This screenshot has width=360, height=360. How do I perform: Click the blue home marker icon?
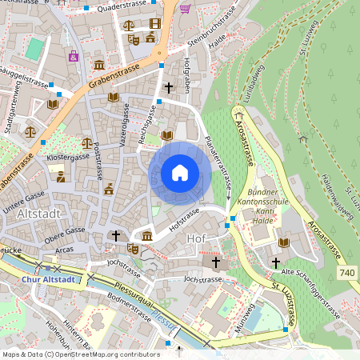point(180,173)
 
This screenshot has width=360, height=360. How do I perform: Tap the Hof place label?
point(197,238)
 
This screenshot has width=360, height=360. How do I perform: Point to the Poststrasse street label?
point(97,160)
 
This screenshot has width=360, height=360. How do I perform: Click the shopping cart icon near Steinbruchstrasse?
point(185,9)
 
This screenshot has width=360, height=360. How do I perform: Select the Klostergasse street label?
point(68,158)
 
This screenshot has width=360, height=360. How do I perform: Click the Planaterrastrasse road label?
point(218,163)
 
